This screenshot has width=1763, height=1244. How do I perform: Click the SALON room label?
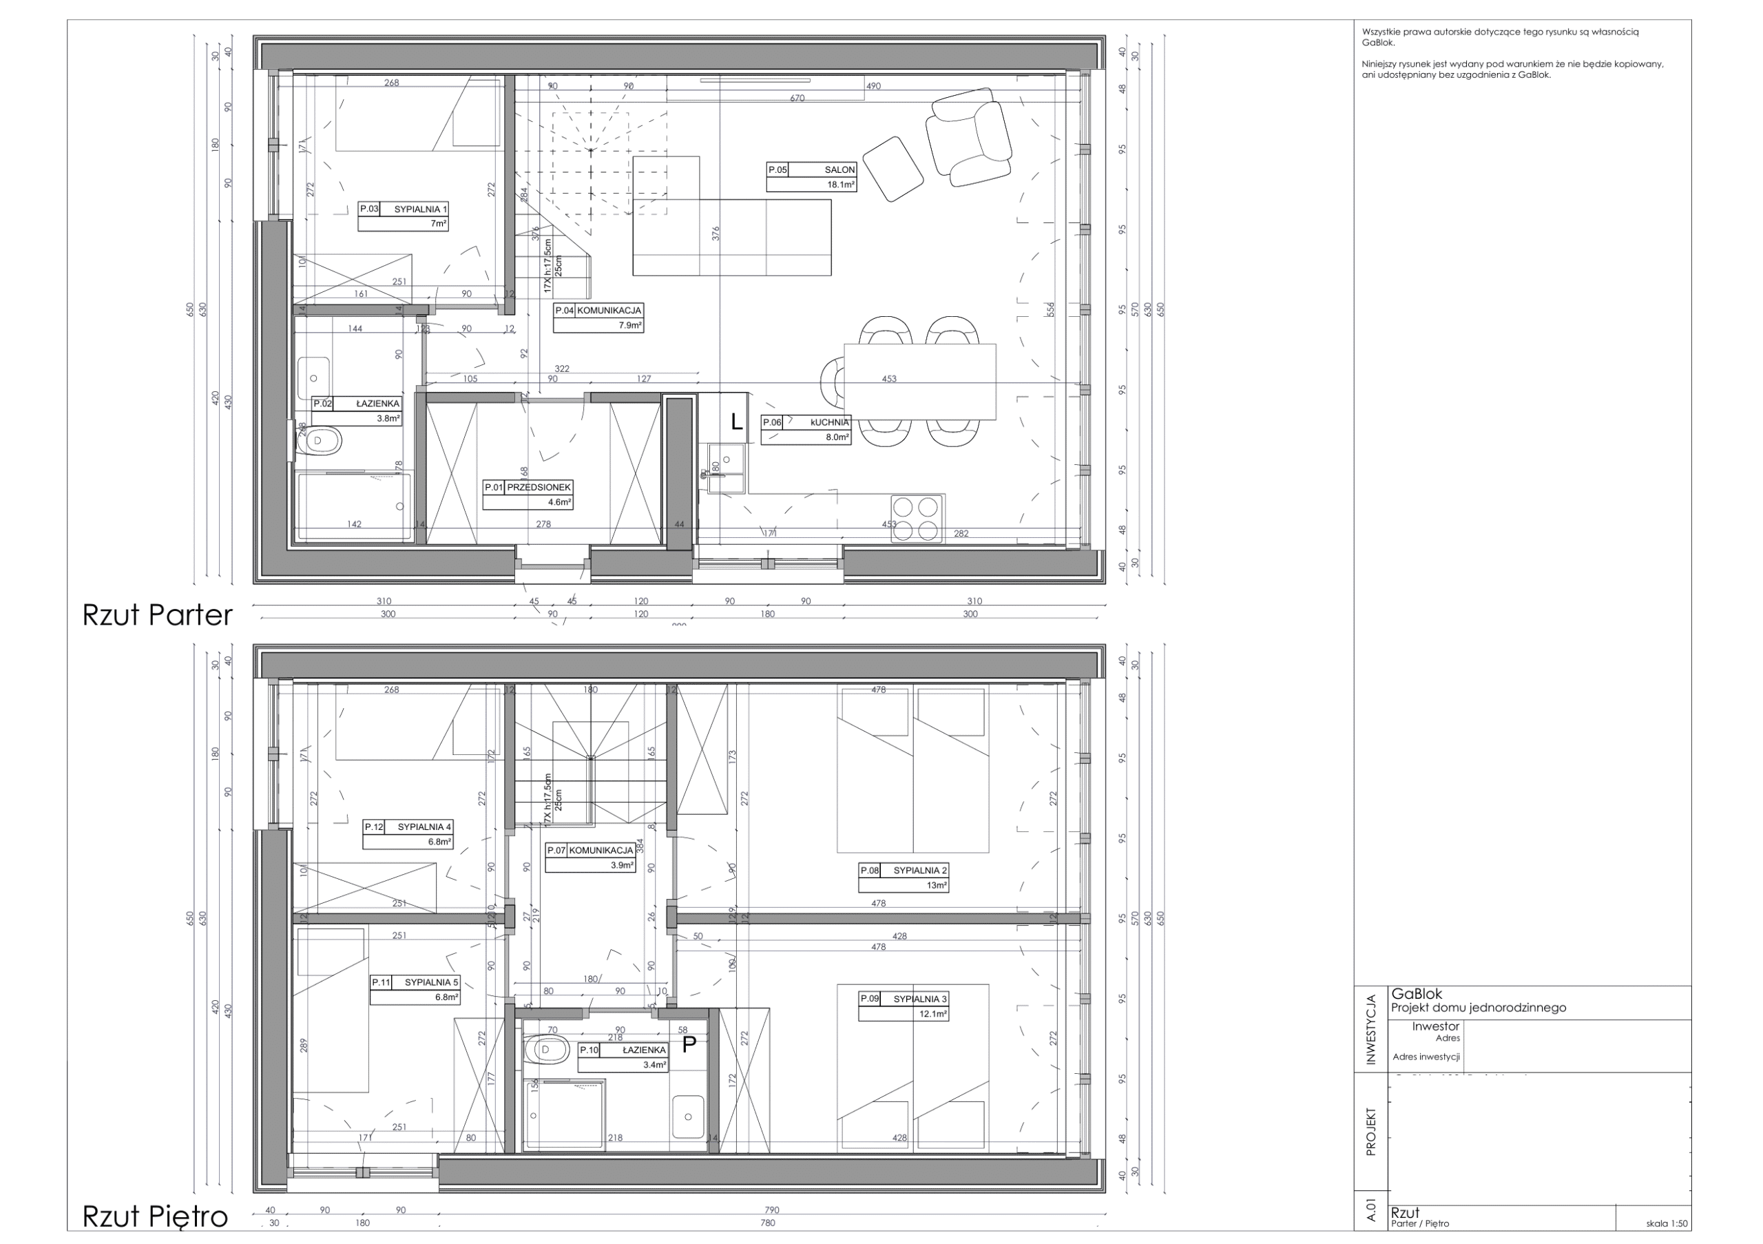[839, 169]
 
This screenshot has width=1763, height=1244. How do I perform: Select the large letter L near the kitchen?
[736, 422]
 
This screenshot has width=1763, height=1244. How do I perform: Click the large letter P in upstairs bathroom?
[689, 1044]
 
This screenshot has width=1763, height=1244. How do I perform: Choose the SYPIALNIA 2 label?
[919, 870]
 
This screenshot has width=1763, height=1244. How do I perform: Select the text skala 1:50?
[1667, 1224]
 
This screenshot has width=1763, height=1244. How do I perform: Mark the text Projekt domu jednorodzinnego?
[1478, 1008]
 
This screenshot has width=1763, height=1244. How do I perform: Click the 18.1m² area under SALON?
[841, 185]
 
